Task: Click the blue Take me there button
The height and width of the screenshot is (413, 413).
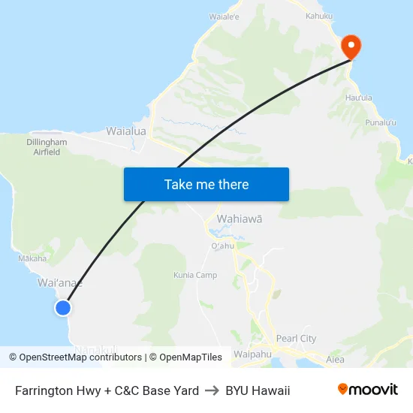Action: (206, 185)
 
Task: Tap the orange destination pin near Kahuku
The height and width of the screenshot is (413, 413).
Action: (351, 47)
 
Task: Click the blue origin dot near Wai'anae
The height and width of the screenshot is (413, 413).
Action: (63, 307)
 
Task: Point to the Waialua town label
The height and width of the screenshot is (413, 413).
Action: (126, 131)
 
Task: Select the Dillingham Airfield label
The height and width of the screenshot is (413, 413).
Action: (47, 146)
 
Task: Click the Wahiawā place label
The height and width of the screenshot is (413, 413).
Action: (240, 219)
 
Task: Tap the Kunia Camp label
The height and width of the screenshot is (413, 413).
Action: (195, 275)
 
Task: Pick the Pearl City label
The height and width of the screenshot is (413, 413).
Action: (296, 339)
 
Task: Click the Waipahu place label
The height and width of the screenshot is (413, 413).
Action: (252, 354)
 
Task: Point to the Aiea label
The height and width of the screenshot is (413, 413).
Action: (335, 360)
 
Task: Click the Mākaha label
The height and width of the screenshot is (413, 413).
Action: (32, 258)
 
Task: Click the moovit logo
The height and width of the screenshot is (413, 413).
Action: (367, 390)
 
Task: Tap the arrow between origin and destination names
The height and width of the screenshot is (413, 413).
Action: (213, 390)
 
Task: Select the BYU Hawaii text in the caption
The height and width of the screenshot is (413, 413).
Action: (258, 390)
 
